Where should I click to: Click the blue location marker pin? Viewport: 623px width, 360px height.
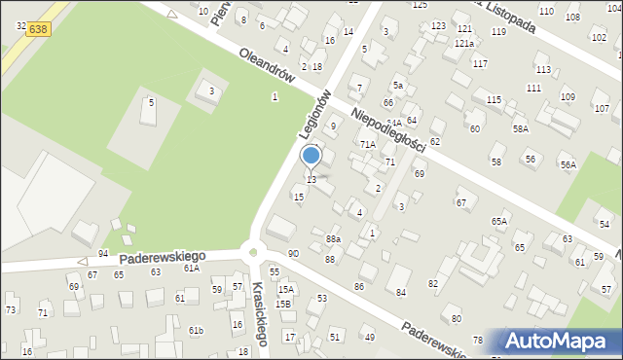point(311,157)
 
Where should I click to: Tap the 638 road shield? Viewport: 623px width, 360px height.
point(38,30)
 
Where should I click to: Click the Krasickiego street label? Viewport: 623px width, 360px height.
point(259,313)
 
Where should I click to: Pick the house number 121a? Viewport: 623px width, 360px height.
point(464,44)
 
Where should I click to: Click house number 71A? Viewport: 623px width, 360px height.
point(367,144)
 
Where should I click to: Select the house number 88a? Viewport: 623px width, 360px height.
point(333,238)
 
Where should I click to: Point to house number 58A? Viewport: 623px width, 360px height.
point(522,128)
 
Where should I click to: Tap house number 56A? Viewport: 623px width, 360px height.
point(568,165)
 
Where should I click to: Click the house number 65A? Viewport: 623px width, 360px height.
point(499,222)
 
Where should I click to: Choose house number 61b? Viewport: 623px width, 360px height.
point(196,331)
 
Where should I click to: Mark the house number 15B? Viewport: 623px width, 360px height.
point(283,304)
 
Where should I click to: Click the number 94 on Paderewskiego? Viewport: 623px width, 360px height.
point(103,254)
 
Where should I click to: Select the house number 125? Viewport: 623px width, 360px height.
point(420,5)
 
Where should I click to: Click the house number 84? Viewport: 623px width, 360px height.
point(400,293)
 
